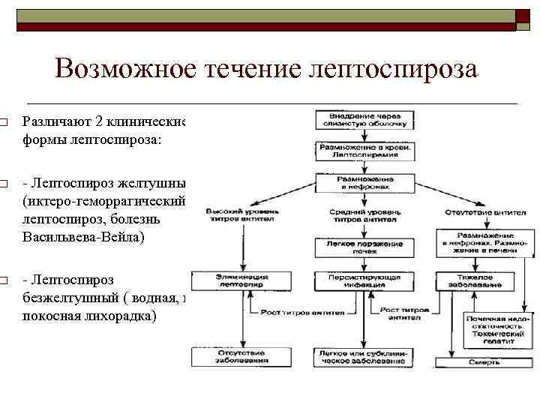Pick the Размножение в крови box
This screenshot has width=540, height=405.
click(x=364, y=151)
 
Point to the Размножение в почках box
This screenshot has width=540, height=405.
click(x=364, y=184)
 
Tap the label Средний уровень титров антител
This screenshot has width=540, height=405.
click(x=364, y=216)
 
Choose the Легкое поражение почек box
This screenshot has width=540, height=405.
click(x=364, y=247)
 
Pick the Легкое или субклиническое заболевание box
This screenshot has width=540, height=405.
click(x=364, y=356)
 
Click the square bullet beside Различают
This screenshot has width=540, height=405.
click(x=4, y=121)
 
